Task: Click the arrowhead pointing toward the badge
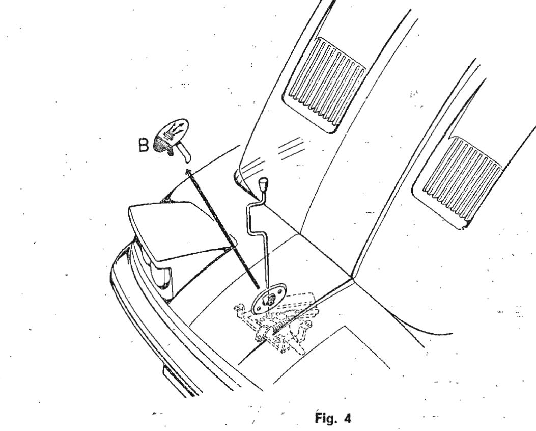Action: [188, 171]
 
